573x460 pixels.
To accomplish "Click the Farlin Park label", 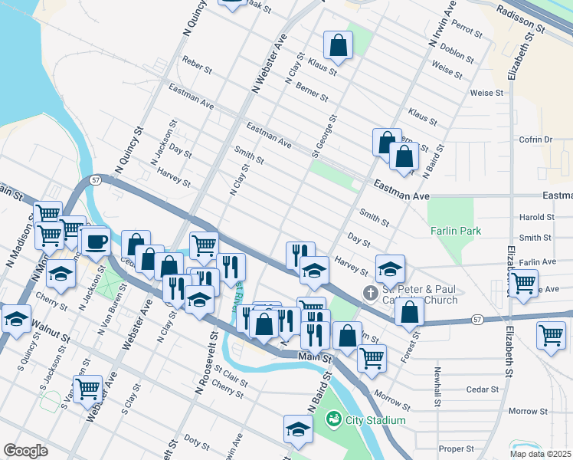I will pos(455,229).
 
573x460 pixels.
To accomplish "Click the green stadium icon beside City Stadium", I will pos(333,419).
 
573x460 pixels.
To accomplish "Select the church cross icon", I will pos(370,294).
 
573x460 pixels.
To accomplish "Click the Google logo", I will pos(25,451).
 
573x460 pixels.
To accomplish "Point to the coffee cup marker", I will pos(97,242).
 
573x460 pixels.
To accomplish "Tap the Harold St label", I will pos(535,218).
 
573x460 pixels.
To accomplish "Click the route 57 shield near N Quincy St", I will pos(95,179).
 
